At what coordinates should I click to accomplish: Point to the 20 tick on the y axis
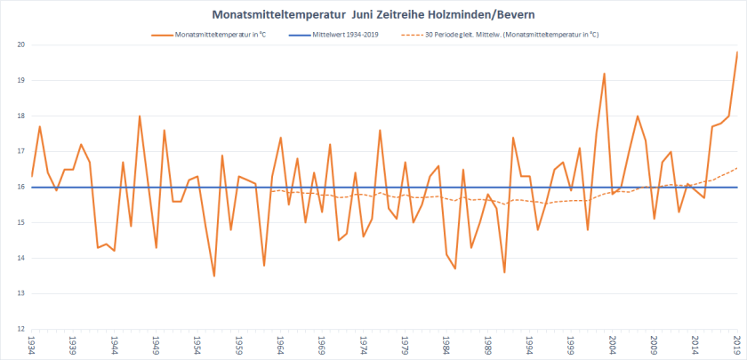click(20, 44)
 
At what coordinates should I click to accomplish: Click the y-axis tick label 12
click(20, 329)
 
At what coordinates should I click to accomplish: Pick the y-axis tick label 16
click(20, 187)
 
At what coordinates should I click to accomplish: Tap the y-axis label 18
click(20, 116)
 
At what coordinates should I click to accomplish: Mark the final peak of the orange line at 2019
click(737, 52)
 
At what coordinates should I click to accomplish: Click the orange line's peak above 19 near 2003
click(605, 74)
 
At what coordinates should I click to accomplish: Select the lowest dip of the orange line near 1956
click(214, 276)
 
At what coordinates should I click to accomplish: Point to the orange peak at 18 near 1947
click(140, 116)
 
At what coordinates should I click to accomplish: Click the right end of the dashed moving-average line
click(737, 168)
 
